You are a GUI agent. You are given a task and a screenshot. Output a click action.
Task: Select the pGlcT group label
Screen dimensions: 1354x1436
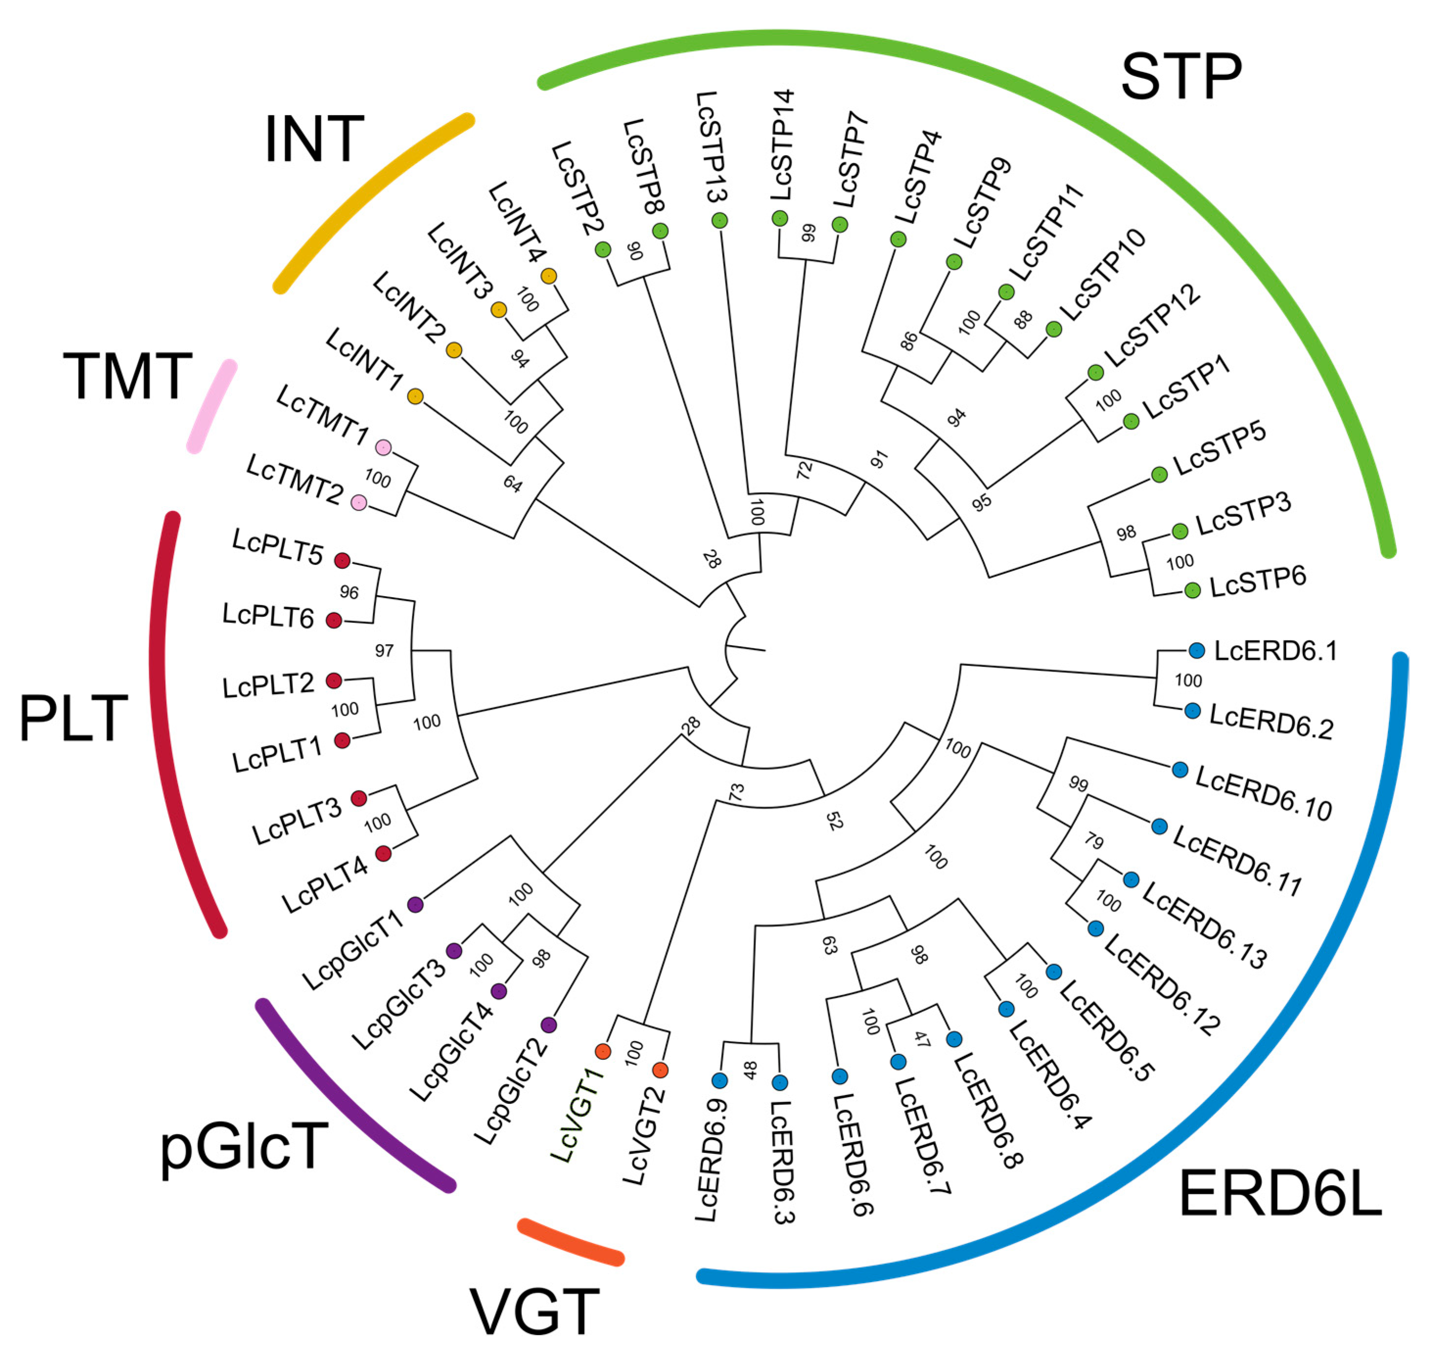point(244,1147)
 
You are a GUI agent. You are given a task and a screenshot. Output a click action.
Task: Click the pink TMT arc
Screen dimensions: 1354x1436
point(211,406)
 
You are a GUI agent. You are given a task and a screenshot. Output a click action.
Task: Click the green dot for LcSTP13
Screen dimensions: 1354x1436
point(719,220)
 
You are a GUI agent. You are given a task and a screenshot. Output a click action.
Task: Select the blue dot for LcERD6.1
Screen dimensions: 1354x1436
point(1197,650)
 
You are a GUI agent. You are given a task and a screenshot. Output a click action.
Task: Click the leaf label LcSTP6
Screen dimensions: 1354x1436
point(1257,582)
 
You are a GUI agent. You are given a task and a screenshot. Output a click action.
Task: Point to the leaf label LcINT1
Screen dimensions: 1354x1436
point(364,359)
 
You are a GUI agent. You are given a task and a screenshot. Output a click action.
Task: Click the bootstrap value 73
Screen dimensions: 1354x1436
point(736,793)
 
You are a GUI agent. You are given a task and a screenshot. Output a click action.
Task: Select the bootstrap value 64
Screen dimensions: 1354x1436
point(512,483)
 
